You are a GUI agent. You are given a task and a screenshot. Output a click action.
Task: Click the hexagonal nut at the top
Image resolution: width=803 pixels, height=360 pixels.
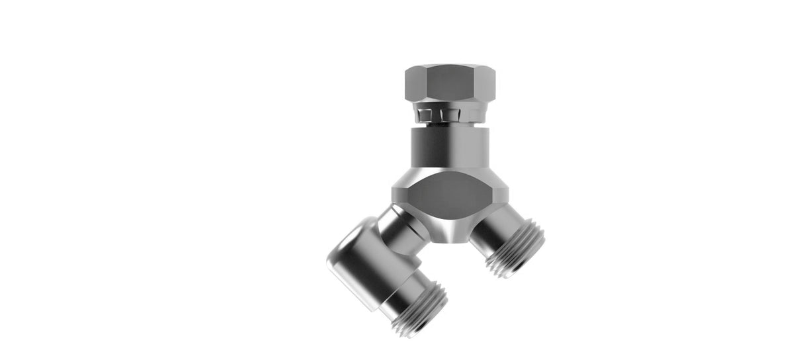point(450,83)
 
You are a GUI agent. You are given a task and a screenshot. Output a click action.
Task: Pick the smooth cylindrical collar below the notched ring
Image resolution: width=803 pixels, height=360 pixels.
point(450,149)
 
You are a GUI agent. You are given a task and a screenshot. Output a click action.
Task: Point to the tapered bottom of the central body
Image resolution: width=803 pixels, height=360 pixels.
point(450,232)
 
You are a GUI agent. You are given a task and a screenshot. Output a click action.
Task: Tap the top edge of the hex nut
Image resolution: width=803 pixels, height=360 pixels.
point(450,66)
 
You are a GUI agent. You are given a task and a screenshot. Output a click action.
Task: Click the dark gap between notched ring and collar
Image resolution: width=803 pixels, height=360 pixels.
point(450,124)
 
